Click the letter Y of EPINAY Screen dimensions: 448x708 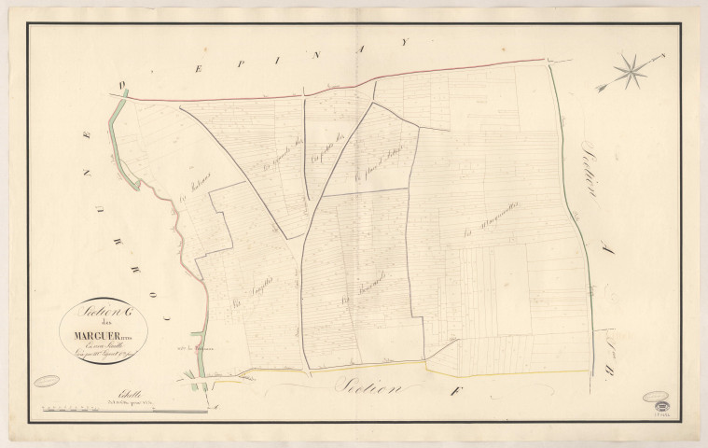click(x=405, y=41)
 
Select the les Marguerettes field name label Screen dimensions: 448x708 click(x=493, y=225)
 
